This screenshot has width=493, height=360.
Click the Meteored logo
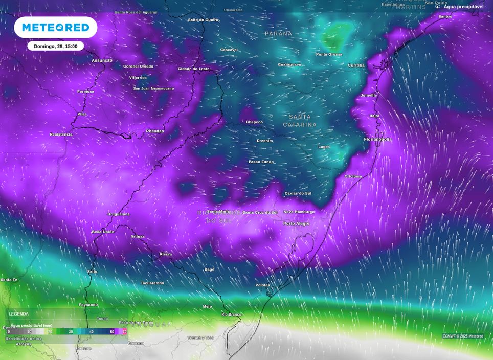55,28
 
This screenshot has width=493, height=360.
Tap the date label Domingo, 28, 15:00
55,46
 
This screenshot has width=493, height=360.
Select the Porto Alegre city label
297,223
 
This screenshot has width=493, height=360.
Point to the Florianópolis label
377,139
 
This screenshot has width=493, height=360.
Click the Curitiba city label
356,65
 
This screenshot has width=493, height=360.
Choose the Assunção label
102,61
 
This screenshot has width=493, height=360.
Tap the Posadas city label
155,131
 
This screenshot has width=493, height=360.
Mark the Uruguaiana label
119,214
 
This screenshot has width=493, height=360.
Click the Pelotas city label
263,285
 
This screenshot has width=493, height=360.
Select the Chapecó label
254,122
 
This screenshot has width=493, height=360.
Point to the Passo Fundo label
261,162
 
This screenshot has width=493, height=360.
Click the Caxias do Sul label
298,193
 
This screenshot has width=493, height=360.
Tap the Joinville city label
369,95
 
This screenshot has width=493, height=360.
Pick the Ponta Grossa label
329,54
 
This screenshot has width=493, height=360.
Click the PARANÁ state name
278,34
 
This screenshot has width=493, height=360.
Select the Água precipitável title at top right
463,7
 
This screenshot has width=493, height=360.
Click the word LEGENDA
19,314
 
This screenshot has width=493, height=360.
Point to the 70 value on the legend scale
124,332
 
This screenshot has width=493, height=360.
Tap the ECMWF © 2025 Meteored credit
463,336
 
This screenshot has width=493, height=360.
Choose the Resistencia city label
61,134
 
